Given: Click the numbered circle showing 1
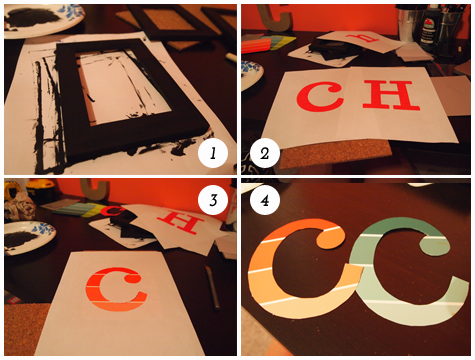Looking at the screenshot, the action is click(213, 153).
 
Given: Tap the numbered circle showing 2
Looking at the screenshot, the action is click(265, 153).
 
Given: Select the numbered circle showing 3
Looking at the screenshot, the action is click(213, 200).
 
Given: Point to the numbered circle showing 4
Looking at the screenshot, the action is click(265, 200).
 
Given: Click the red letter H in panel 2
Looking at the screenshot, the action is click(391, 95).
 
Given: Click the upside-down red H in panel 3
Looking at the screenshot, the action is click(181, 221).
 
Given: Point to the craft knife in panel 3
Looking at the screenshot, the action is click(212, 287).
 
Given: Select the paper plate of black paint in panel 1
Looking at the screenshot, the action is click(42, 20).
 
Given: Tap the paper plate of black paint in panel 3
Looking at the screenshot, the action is click(28, 236).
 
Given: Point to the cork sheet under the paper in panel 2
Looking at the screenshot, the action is click(335, 153).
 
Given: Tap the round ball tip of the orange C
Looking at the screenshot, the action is click(330, 238).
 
